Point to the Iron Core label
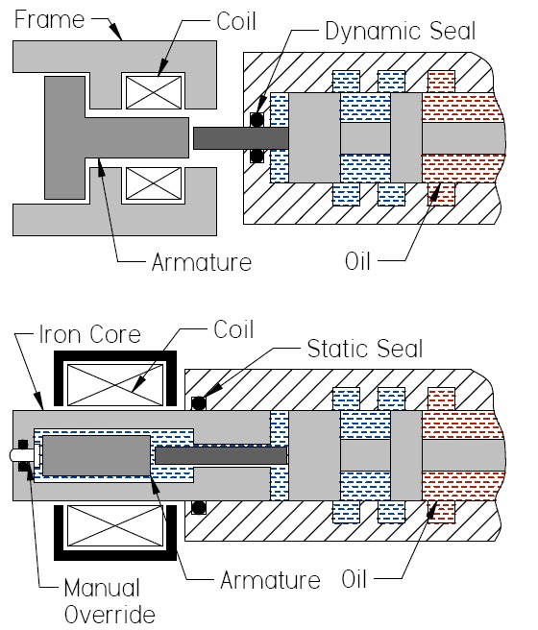tap(88, 336)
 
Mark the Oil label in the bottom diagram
tap(358, 580)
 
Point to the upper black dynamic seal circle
tap(257, 120)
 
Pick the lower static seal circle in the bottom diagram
tap(199, 507)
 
